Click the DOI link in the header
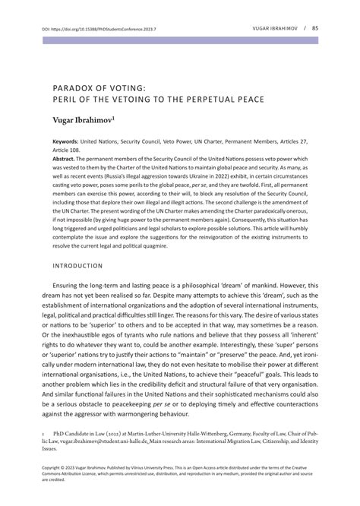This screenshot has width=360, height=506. (x=99, y=29)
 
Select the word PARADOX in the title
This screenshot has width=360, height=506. (x=74, y=87)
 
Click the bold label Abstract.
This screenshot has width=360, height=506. (x=67, y=160)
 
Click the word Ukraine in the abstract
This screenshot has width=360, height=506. (x=209, y=177)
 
